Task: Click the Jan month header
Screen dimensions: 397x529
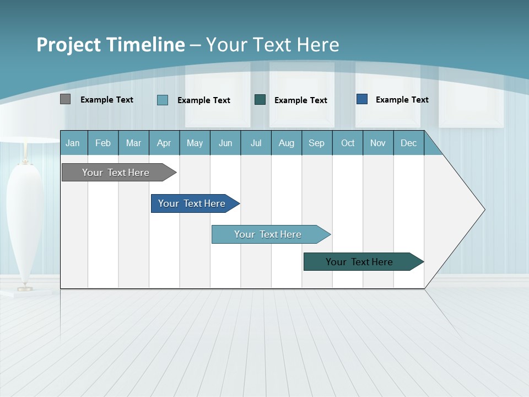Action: [73, 143]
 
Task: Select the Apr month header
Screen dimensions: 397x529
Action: [164, 143]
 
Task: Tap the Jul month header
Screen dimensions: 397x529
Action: [256, 143]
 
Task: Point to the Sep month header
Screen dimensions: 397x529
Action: [316, 143]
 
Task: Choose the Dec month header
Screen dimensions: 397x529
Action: [408, 143]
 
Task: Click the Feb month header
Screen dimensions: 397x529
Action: [103, 143]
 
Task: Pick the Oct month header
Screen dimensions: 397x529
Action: [348, 143]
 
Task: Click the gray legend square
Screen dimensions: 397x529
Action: [66, 99]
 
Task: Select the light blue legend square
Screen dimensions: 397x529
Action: [163, 100]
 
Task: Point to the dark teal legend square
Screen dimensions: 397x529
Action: [260, 99]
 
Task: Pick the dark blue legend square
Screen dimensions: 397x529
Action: [362, 99]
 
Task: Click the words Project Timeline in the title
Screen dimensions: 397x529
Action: [110, 45]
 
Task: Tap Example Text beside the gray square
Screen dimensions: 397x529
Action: [107, 100]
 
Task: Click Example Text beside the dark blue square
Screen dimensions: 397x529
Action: [402, 100]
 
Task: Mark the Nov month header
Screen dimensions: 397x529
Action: [378, 143]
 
